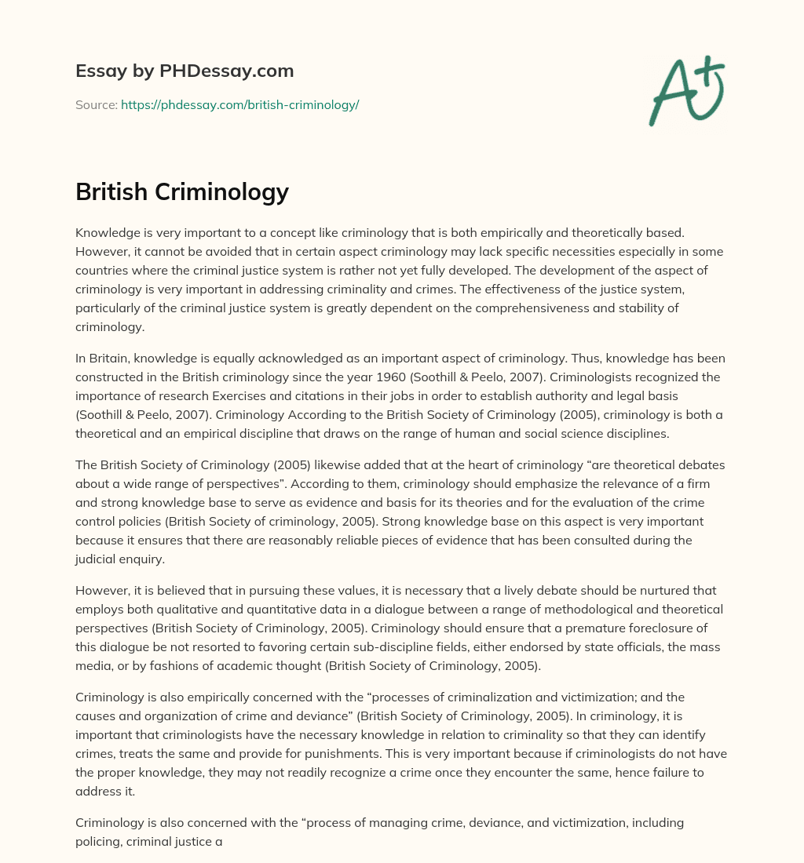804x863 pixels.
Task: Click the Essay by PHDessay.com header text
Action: point(185,71)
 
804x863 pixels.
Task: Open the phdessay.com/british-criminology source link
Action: point(239,104)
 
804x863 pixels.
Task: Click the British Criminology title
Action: point(182,191)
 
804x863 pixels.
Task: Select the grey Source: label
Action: point(97,104)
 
